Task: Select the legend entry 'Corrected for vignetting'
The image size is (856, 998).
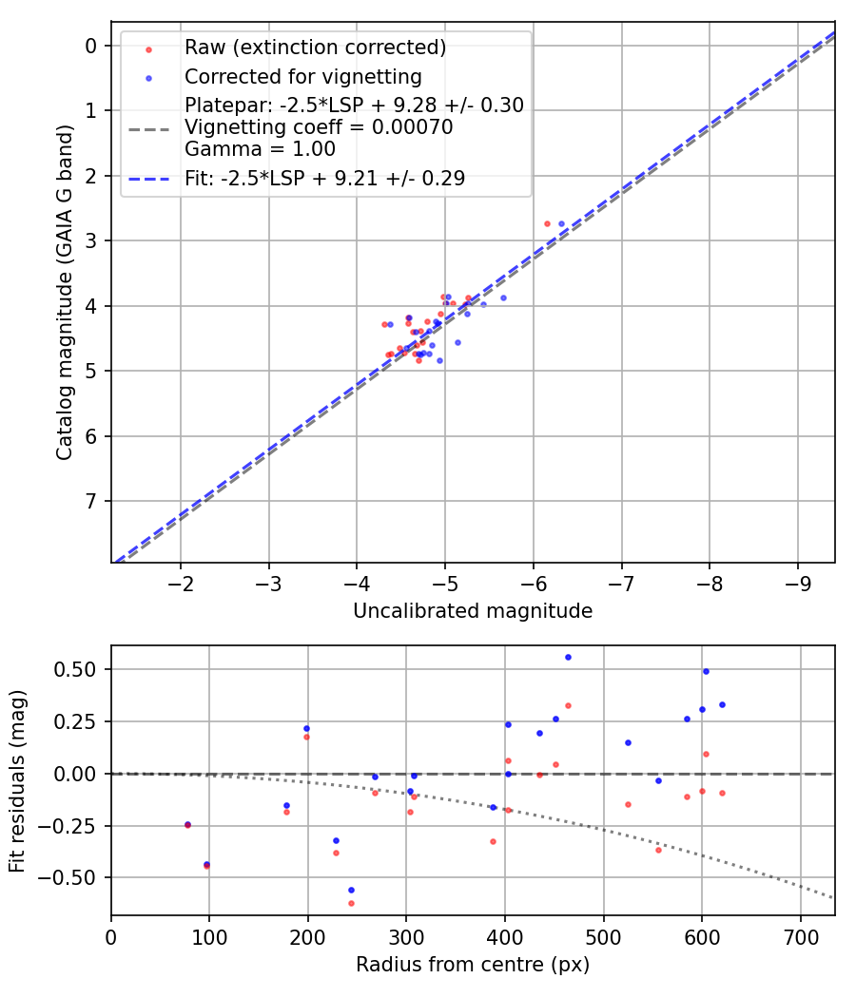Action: [x=302, y=76]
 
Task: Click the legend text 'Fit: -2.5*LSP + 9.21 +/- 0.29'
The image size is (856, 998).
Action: [x=324, y=179]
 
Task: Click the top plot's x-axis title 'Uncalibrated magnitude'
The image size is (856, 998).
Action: [x=473, y=611]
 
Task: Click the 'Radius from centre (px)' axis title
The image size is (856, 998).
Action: [x=473, y=965]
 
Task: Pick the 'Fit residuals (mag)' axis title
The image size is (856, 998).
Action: [x=17, y=780]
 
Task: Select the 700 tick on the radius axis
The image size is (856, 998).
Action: [x=800, y=936]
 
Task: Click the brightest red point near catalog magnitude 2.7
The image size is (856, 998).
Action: [x=547, y=223]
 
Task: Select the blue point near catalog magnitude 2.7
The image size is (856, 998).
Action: [x=561, y=223]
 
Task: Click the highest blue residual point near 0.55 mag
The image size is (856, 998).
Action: [x=568, y=657]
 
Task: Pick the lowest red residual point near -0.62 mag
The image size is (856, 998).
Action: [x=351, y=903]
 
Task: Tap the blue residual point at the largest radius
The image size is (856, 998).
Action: [x=722, y=704]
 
